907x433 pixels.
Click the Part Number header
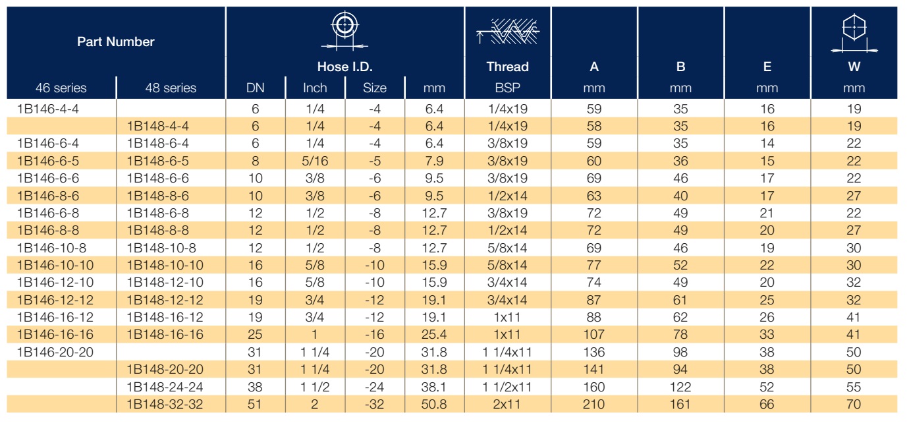[116, 42]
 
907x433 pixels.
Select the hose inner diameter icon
[344, 31]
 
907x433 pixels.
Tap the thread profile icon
[508, 31]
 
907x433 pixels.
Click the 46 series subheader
[61, 88]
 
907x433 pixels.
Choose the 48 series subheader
[171, 88]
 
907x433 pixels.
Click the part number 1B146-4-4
[48, 109]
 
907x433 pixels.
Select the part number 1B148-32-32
[165, 404]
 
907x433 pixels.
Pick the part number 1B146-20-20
[55, 352]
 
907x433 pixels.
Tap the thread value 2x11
[507, 404]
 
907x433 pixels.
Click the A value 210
[593, 404]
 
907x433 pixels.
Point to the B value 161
[680, 404]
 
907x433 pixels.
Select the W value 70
[854, 404]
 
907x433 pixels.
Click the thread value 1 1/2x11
[507, 387]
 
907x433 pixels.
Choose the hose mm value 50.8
[434, 404]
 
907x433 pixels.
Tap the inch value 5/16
[315, 161]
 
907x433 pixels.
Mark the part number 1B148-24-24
[165, 387]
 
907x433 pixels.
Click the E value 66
[767, 404]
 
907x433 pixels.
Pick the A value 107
[593, 334]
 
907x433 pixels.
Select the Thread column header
[507, 67]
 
